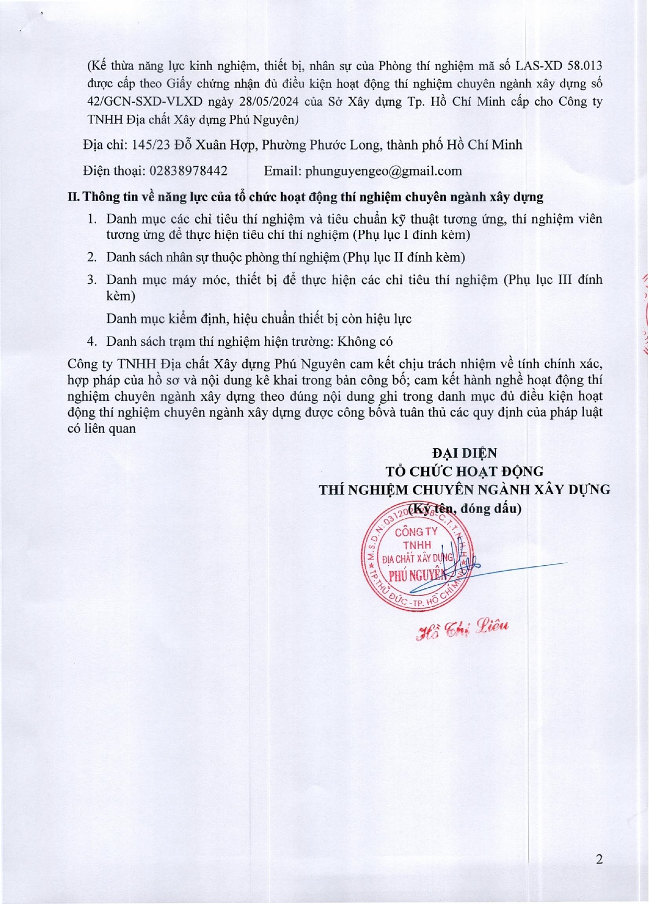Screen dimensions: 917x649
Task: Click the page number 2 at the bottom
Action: coord(599,859)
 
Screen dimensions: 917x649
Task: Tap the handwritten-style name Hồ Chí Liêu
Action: coord(462,629)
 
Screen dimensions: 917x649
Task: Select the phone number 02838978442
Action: coord(189,171)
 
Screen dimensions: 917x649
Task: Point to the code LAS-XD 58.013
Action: coord(559,66)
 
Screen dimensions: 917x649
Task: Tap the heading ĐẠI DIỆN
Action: coord(465,453)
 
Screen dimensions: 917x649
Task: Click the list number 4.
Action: coord(92,341)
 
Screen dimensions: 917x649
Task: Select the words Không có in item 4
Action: coord(365,341)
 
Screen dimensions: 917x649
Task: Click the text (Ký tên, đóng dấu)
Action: coord(465,508)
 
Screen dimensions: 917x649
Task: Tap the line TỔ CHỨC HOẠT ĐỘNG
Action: coord(465,471)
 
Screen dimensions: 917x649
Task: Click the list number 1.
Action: coord(92,219)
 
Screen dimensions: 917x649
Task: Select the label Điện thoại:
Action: coord(114,171)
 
